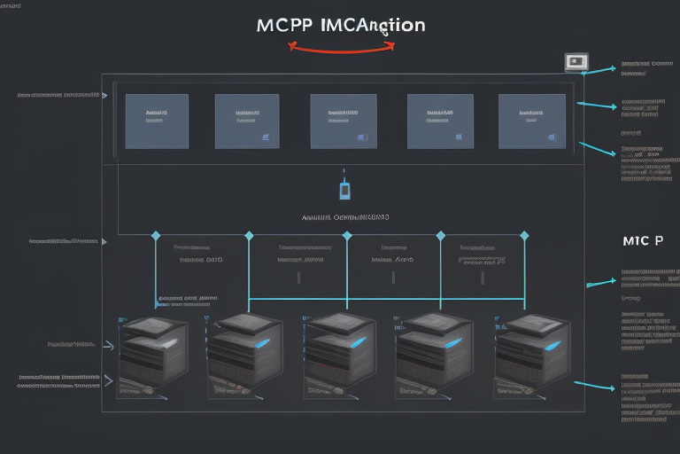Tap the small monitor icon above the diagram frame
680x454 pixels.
(576, 62)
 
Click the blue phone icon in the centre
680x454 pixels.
(345, 190)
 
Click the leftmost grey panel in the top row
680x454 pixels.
(157, 120)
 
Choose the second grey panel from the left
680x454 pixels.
(247, 121)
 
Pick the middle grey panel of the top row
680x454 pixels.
(344, 121)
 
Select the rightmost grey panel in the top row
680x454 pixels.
(532, 121)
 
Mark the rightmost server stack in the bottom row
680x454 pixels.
(529, 349)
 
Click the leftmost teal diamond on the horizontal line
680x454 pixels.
(156, 235)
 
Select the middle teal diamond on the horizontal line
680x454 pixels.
(347, 235)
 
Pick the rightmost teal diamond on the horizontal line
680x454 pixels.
(524, 235)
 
